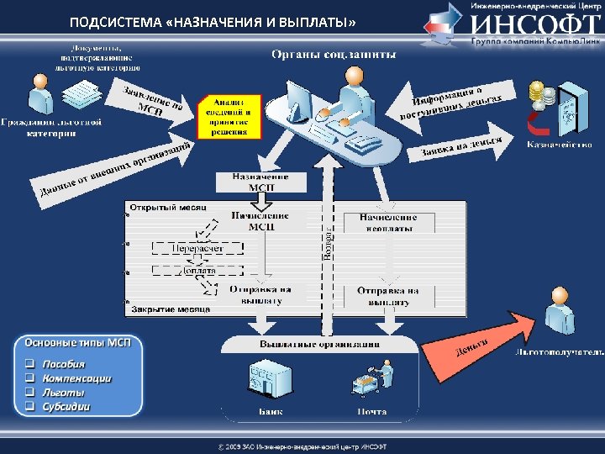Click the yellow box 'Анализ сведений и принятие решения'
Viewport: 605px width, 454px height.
pos(229,115)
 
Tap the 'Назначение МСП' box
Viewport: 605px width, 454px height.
pos(260,182)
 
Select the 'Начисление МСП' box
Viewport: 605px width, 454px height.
pos(260,221)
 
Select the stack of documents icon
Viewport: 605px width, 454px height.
pos(85,92)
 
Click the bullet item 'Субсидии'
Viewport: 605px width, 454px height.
pos(68,407)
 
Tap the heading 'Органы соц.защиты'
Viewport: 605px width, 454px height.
pos(333,55)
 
